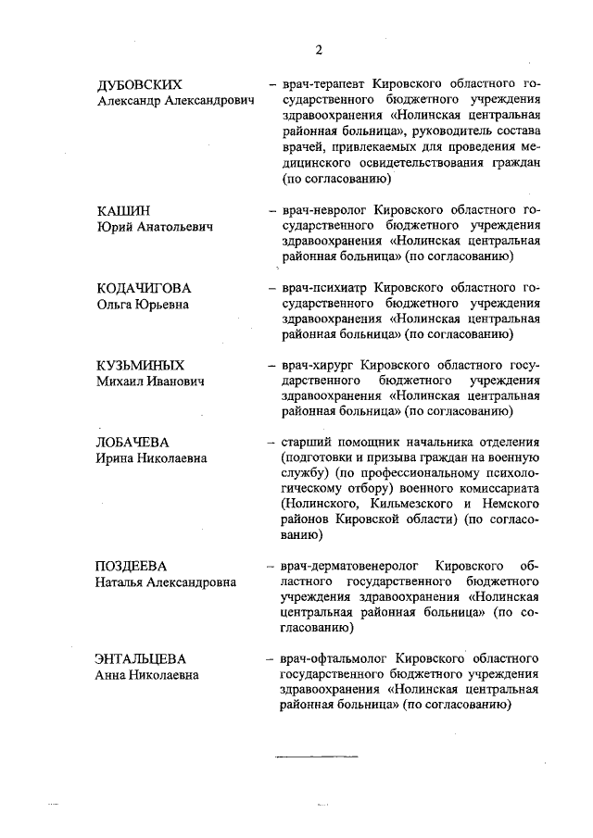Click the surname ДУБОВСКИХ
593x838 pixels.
click(139, 85)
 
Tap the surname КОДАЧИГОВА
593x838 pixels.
click(144, 287)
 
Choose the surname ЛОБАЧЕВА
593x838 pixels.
click(135, 442)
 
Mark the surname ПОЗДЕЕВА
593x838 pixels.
click(135, 566)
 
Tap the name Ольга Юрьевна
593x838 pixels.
click(142, 303)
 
